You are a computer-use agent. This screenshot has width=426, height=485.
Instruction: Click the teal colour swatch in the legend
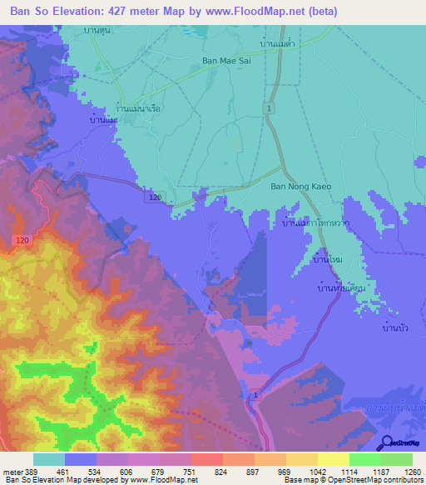pos(48,459)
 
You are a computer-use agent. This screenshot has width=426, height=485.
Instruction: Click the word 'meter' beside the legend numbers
pos(12,471)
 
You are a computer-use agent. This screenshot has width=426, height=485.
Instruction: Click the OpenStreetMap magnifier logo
pos(386,443)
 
